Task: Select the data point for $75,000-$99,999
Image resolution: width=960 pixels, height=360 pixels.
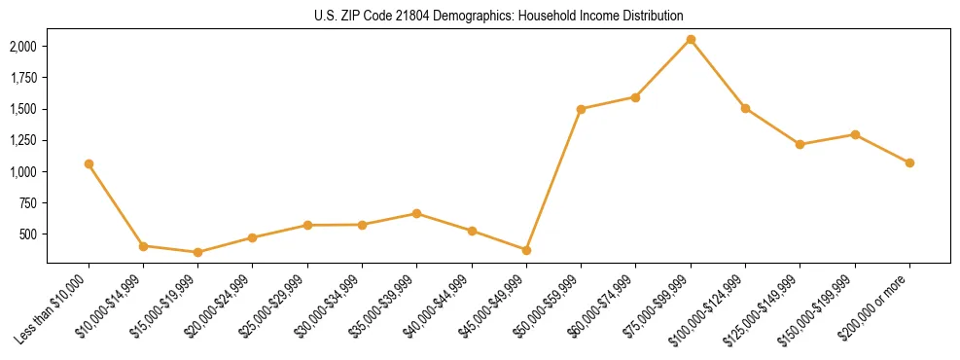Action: (691, 39)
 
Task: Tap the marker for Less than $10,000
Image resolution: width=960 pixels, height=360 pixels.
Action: (89, 163)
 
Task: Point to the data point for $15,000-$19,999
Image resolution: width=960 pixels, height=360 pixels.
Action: (197, 252)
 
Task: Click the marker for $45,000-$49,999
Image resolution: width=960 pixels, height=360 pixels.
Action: (526, 250)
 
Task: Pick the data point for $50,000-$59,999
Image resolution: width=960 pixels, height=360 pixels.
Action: (581, 109)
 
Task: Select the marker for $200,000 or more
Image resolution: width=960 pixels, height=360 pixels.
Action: (909, 162)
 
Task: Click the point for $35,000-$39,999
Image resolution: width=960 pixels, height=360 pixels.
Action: (416, 213)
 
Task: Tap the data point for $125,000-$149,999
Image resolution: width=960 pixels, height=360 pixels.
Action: (800, 144)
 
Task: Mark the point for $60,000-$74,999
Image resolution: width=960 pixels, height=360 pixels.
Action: (635, 97)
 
